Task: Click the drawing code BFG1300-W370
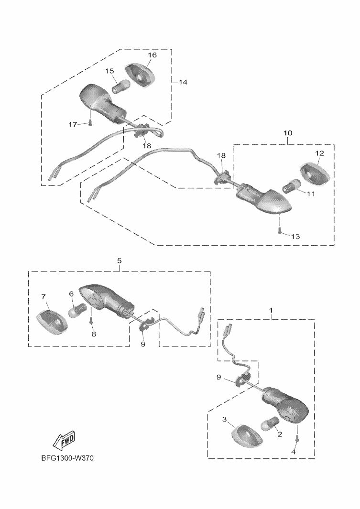click(67, 458)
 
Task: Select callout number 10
click(288, 132)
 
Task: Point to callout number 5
click(119, 260)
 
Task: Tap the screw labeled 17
click(90, 123)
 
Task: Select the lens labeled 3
click(246, 434)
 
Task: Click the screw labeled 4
click(296, 438)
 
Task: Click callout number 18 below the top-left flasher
click(146, 145)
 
